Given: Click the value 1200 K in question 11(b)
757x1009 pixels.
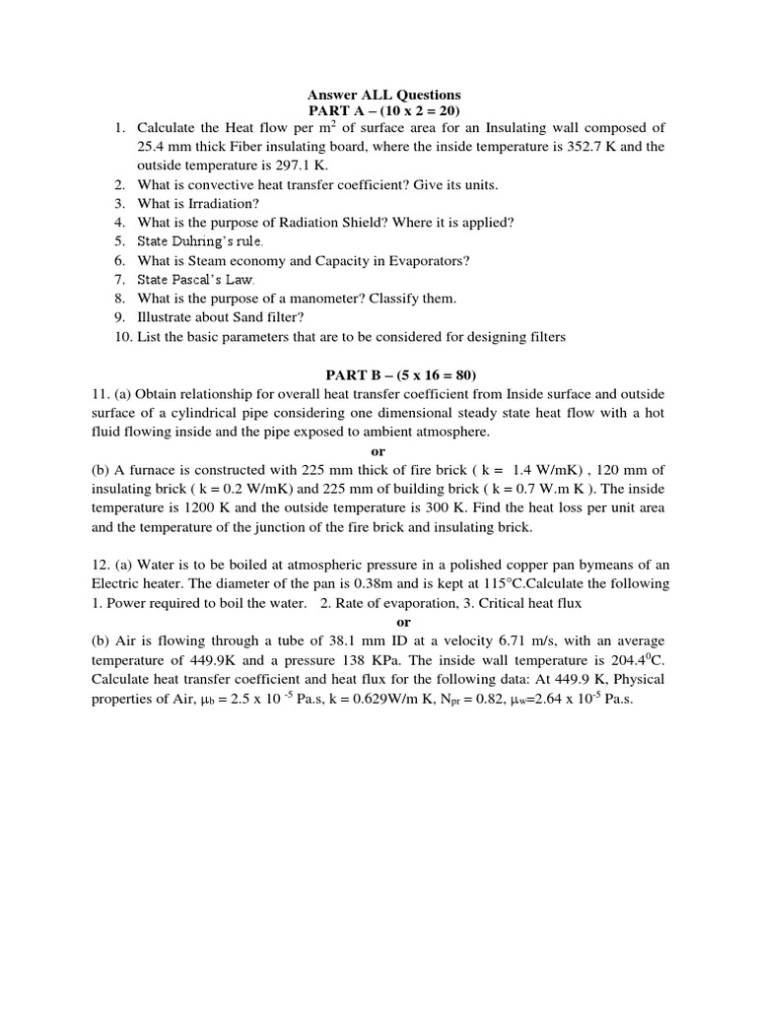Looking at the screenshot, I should click(x=236, y=508).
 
